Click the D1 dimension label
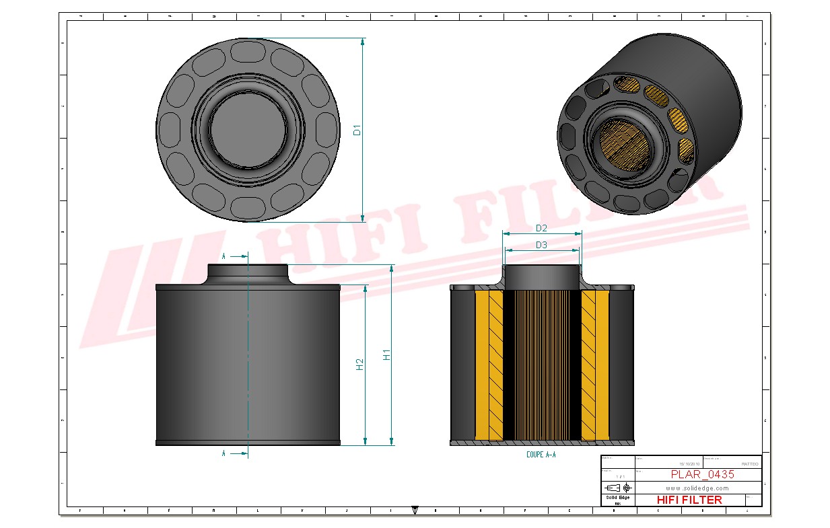[x=357, y=130]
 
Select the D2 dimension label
[x=541, y=229]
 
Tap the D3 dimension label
[x=541, y=246]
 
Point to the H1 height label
[x=386, y=354]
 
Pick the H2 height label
[x=360, y=364]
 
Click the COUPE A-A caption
[x=541, y=455]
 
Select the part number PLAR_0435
[x=702, y=474]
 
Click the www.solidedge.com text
[x=697, y=488]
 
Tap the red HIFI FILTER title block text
[x=689, y=500]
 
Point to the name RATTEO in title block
[x=749, y=464]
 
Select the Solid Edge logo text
[x=617, y=498]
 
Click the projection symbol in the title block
[x=617, y=487]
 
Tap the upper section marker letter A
[x=224, y=256]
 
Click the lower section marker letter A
[x=224, y=454]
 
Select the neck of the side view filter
[x=248, y=273]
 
